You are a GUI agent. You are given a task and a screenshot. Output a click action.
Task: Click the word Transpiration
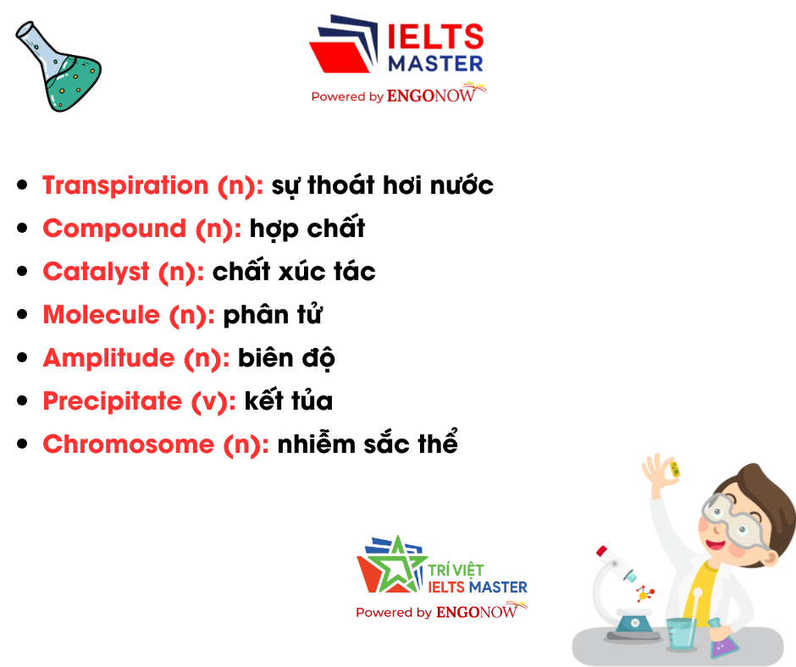point(125,185)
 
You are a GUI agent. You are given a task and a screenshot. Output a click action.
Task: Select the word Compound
point(114,229)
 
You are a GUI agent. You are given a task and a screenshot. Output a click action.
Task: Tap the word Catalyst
point(96,272)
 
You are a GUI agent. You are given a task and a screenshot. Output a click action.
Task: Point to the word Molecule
point(101,315)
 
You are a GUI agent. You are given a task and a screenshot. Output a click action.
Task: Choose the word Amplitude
point(108,358)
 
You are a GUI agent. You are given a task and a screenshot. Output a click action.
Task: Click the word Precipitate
point(112,401)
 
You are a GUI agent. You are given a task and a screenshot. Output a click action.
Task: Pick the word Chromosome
point(129,444)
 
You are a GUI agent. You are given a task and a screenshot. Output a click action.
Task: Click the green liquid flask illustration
point(58,67)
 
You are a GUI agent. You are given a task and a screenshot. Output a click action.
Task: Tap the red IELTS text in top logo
point(435,36)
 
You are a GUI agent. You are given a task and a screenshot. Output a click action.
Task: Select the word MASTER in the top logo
point(435,64)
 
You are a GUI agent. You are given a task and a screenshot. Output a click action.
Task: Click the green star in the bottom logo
point(397,564)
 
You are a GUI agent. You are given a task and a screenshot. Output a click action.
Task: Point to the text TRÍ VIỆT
point(456,570)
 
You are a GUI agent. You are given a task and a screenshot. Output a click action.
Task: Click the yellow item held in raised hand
point(675,469)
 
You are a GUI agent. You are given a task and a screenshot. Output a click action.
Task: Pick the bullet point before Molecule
point(22,315)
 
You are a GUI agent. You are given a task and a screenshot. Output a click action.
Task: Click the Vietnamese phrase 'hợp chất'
point(307,228)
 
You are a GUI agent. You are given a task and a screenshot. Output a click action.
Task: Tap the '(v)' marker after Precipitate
point(209,401)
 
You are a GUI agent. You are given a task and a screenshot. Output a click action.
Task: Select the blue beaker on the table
point(682,634)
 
